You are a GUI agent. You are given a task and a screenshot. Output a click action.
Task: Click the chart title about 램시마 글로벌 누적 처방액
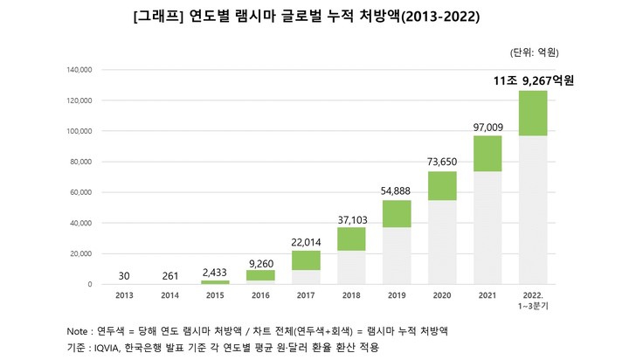314,17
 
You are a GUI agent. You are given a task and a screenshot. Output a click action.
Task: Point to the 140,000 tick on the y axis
78,70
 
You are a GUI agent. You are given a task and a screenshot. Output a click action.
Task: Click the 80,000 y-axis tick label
80,162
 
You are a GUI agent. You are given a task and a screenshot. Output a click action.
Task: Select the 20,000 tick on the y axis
80,253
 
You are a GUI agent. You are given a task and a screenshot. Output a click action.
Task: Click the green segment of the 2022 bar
532,113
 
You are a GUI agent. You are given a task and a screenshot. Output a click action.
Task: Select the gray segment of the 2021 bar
487,227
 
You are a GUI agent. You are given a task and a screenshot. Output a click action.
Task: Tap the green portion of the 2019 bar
396,213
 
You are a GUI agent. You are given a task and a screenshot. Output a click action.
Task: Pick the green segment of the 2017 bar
305,260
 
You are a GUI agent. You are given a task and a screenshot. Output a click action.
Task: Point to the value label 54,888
396,191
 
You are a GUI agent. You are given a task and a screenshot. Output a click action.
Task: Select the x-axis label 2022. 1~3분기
533,301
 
